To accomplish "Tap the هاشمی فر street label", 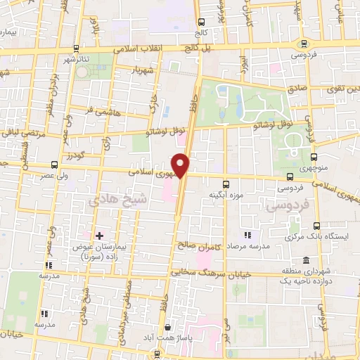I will (98, 111).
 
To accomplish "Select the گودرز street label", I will (75, 154).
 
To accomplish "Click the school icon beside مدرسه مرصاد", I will (246, 235).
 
